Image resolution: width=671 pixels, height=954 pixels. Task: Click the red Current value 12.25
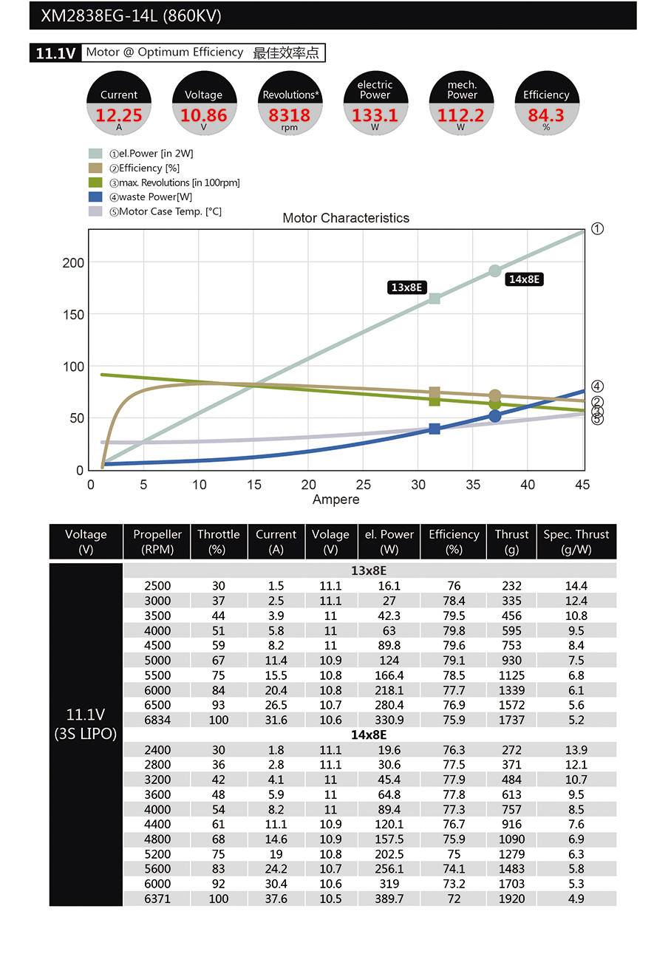point(118,115)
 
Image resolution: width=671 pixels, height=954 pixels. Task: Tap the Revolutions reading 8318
point(289,115)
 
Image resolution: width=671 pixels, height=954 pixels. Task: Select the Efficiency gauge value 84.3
point(545,115)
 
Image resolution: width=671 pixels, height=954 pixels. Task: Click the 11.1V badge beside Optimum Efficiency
point(55,53)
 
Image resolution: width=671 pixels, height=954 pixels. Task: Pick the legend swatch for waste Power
point(95,197)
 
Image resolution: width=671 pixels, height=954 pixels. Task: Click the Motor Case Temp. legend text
point(170,211)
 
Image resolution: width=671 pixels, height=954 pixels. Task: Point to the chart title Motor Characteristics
point(346,218)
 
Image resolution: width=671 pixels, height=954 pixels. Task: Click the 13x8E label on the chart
point(406,287)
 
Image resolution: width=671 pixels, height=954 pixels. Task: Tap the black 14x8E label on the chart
point(525,279)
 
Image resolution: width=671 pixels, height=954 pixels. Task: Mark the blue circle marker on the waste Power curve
point(495,416)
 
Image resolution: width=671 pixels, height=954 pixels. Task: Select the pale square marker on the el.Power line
point(435,299)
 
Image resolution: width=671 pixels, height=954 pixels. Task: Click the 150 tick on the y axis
point(74,315)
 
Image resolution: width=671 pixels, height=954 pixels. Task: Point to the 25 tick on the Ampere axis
point(364,485)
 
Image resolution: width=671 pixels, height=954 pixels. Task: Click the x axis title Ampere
point(336,500)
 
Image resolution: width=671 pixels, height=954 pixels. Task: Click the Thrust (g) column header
point(511,542)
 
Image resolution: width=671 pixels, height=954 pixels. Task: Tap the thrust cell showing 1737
point(511,720)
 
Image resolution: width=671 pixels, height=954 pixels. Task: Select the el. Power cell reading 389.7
point(389,899)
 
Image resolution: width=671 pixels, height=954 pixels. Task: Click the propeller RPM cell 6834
point(157,720)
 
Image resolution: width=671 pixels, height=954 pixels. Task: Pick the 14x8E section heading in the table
point(369,735)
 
